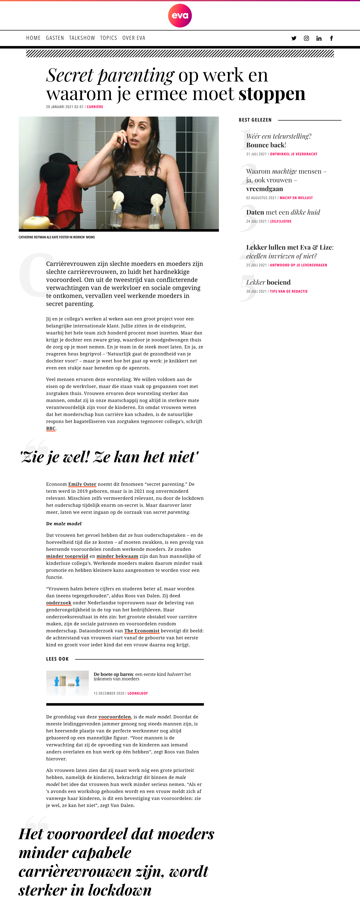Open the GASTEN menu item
[x=55, y=38]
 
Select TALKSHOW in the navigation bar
[x=82, y=38]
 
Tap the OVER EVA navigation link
[x=134, y=38]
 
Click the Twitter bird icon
[x=294, y=38]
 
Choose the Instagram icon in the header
[x=306, y=38]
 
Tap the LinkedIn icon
[x=319, y=38]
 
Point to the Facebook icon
[x=331, y=38]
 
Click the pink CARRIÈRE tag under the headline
[x=95, y=107]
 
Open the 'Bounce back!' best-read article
[x=266, y=145]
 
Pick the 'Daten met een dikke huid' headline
[x=283, y=212]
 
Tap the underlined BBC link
[x=51, y=428]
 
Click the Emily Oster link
[x=82, y=484]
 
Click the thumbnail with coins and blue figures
[x=67, y=683]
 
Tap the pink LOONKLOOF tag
[x=138, y=693]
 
